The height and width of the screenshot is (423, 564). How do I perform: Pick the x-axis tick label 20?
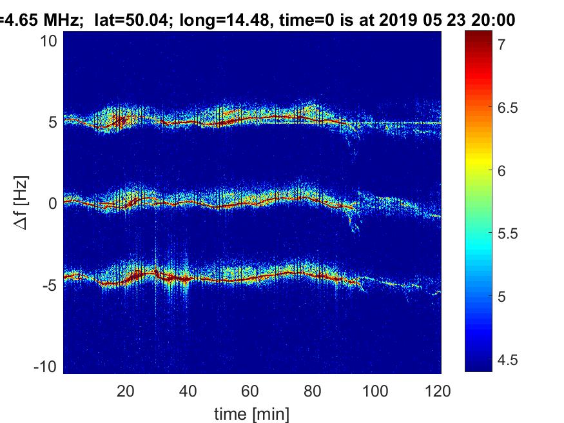[126, 391]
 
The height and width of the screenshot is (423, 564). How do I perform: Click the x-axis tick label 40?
[188, 391]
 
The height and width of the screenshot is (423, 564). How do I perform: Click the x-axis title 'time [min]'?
[251, 413]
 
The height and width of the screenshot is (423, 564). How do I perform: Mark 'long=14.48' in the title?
[208, 21]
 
